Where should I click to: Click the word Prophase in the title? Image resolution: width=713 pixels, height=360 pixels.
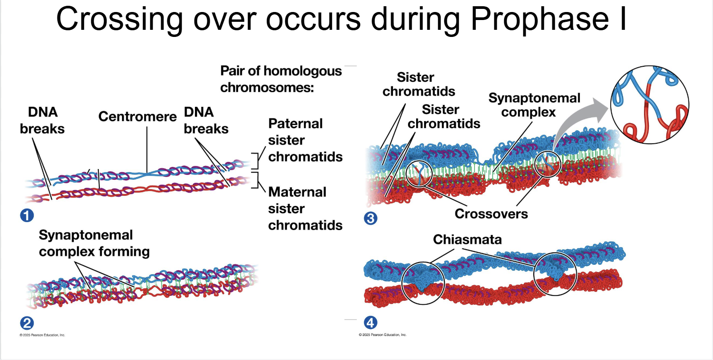coord(539,20)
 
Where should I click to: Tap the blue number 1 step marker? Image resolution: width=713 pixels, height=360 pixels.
coord(27,215)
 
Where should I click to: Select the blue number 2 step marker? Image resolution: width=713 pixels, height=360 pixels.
coord(27,323)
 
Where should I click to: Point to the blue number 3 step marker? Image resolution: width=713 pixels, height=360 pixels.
coord(371,218)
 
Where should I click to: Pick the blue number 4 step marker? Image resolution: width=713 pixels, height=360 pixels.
coord(371,323)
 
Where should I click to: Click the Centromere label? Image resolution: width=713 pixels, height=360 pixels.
coord(138,117)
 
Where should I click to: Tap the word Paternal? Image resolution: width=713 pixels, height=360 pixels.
coord(296,124)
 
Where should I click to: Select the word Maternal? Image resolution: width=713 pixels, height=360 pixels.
coord(297,192)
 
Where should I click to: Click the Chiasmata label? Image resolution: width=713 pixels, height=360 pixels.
coord(467,239)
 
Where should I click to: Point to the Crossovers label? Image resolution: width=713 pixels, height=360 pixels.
coord(491,214)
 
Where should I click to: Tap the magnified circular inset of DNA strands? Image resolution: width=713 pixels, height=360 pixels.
coord(650,105)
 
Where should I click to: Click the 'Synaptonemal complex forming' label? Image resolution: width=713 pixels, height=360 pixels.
coord(94,243)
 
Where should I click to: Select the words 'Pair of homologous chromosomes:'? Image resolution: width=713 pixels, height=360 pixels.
coord(281,79)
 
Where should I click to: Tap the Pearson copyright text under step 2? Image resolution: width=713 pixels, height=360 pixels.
coord(42,335)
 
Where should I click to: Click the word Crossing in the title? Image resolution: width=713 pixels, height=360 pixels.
coord(119,20)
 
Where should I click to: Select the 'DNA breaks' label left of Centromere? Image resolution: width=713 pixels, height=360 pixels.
coord(42,120)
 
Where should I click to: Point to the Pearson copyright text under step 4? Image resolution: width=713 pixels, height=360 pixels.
coord(383,335)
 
